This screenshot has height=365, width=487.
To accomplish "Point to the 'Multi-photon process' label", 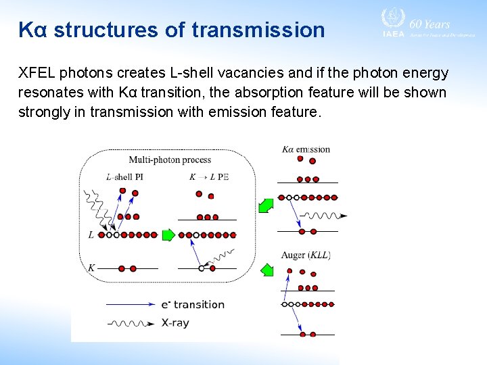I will tap(170, 160).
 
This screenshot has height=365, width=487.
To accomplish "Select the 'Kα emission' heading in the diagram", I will tap(306, 149).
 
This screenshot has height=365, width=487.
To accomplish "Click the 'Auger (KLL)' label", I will tap(306, 255).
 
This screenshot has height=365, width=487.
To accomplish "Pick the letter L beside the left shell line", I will tap(91, 235).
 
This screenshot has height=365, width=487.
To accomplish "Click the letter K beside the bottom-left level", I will tap(91, 268).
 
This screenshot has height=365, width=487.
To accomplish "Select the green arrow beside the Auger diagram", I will tap(266, 270).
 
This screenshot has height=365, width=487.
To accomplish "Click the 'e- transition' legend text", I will tap(193, 305).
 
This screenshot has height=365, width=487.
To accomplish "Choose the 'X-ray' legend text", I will tap(175, 323).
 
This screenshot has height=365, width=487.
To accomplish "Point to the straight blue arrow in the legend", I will tap(131, 305).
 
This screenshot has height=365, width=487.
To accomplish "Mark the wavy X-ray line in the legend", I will tap(131, 323).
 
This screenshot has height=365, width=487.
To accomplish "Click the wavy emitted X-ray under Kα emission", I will tap(324, 216).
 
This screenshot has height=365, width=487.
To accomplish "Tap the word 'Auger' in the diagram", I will tap(294, 255).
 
